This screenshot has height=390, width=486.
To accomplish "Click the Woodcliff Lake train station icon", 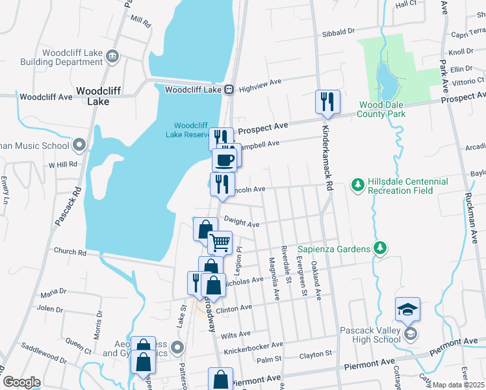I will [229, 90].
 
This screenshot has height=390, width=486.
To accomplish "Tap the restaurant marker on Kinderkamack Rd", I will [327, 102].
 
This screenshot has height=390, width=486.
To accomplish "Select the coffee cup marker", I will [225, 159].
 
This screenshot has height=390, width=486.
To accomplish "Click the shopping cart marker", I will [220, 242].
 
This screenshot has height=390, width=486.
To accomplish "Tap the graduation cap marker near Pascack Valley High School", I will [407, 309].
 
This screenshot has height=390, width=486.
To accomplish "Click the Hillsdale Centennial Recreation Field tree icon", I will [357, 186].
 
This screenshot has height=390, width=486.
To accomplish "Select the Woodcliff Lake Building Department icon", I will [112, 57].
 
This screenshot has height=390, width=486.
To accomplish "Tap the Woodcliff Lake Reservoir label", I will [189, 130].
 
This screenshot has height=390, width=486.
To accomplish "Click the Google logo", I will [21, 382].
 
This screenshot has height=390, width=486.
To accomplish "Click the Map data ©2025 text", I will [458, 385].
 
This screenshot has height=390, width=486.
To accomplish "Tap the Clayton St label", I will [316, 354].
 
